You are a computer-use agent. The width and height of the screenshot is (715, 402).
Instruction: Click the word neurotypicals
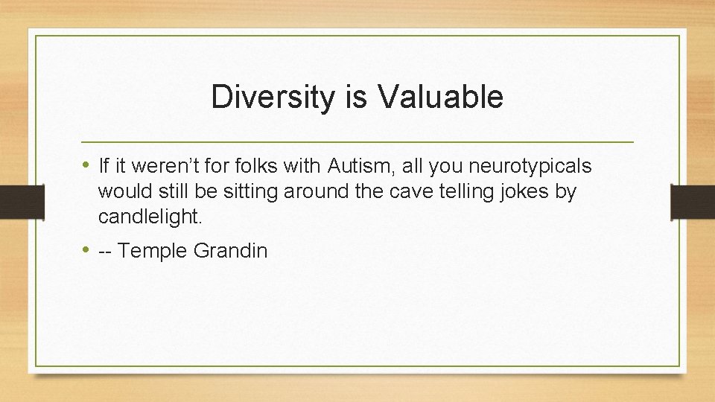tap(530, 166)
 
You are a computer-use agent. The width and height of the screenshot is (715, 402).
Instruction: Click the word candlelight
tap(150, 217)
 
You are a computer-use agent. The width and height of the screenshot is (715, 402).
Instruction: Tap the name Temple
tap(153, 251)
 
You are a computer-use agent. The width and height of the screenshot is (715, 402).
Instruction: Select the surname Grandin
tap(230, 251)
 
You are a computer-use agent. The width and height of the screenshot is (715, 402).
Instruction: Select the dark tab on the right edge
tap(693, 202)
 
